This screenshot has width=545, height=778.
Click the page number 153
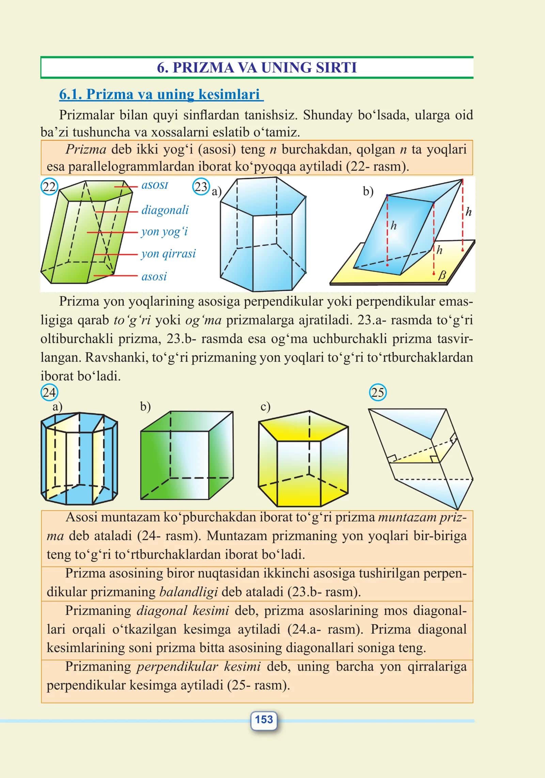point(264,719)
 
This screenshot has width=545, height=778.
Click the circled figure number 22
point(49,187)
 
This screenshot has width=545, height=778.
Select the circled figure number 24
point(49,393)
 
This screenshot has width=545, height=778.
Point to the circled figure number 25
point(378,393)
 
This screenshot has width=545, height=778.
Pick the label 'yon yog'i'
point(164,232)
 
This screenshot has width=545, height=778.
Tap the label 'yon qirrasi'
point(169,254)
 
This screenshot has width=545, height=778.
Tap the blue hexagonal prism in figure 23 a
point(263,234)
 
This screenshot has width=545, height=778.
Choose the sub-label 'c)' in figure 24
point(265,407)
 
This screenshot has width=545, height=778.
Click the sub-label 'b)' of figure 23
point(368,191)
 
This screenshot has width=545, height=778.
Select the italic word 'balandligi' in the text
point(188,592)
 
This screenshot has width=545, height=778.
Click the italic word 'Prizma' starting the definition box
point(86,149)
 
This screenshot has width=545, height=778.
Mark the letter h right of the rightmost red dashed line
point(469,212)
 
